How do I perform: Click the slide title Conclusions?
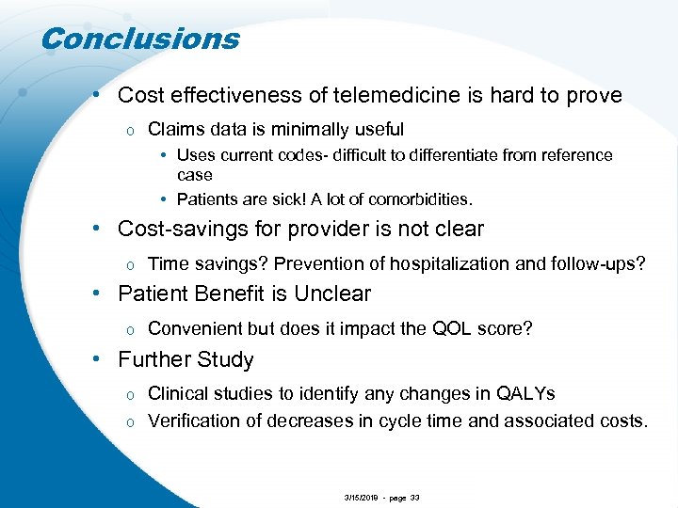pos(140,39)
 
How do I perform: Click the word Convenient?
pos(194,328)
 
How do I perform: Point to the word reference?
pos(573,155)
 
